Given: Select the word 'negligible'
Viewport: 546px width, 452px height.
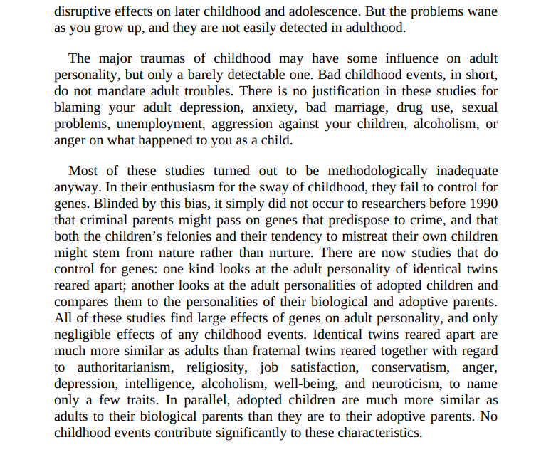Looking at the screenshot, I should pos(87,335).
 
